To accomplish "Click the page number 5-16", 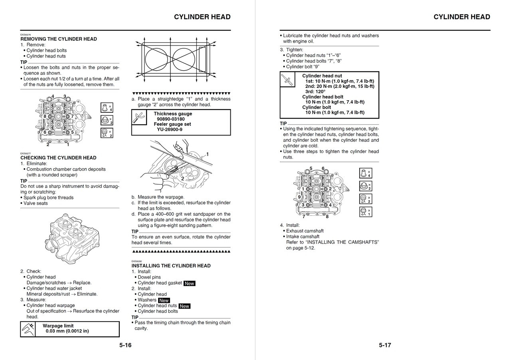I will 125,345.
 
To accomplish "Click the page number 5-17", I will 385,345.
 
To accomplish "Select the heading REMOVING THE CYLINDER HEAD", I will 59,39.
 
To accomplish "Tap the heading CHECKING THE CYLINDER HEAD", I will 58,158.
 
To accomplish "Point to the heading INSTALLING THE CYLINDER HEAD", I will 171,266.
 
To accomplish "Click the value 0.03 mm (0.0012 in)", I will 67,331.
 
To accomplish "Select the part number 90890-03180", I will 170,119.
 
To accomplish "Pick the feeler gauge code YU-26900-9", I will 169,129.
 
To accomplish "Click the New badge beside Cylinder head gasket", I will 189,283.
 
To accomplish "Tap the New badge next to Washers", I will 164,300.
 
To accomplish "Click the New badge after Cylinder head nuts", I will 184,306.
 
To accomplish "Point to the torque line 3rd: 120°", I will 315,91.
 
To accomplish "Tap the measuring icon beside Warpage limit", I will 28,329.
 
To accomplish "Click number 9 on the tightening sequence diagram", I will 299,197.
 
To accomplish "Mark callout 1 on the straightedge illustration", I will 207,154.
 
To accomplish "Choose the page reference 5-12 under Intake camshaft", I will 309,248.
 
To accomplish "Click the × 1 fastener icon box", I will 366,212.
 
